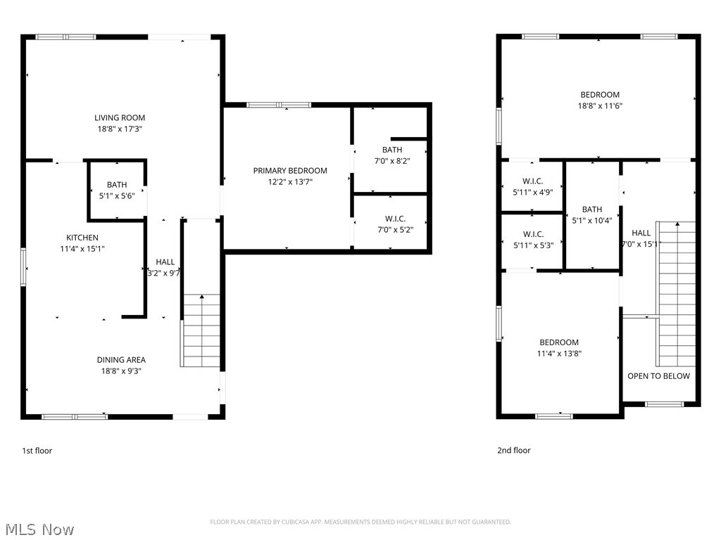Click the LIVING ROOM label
point(120,117)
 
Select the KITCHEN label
point(82,238)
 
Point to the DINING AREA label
point(121,360)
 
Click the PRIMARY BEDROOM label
point(290,170)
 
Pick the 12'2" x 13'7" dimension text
point(290,181)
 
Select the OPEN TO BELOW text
point(658,376)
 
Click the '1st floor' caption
point(37,451)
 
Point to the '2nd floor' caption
point(514,451)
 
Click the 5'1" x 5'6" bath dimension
point(117,197)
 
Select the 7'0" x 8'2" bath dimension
point(392,161)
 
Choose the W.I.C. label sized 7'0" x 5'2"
point(395,219)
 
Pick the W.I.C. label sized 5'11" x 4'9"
point(532,181)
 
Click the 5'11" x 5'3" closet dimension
point(532,245)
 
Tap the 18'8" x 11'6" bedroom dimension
point(599,106)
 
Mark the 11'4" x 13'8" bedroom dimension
point(558,354)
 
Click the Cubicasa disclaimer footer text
point(360,522)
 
